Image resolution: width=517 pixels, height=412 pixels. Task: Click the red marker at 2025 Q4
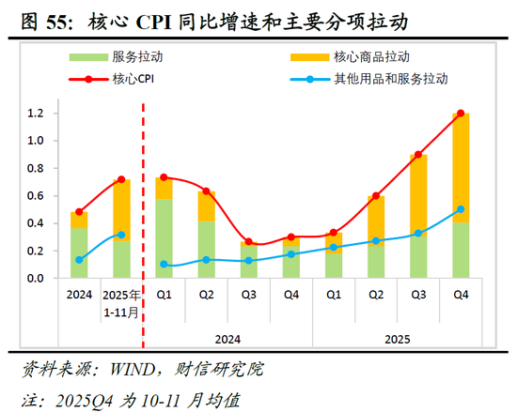[461, 114]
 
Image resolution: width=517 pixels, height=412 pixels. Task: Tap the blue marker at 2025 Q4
[461, 209]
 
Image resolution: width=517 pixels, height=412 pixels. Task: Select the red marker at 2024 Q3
[248, 242]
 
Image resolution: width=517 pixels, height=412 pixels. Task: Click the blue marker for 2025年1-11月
[120, 235]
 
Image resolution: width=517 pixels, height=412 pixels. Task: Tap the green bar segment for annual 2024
[79, 253]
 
